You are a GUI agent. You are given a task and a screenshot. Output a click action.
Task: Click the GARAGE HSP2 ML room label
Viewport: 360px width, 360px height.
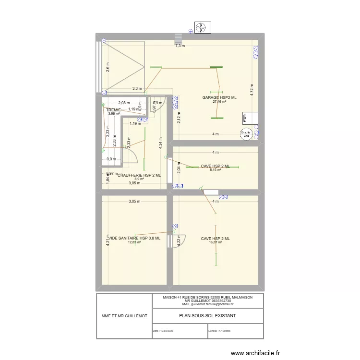(219, 97)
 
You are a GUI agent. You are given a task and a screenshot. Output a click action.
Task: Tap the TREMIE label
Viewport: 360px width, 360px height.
(114, 110)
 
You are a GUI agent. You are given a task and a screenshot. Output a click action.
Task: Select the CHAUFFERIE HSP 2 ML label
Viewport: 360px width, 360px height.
(139, 175)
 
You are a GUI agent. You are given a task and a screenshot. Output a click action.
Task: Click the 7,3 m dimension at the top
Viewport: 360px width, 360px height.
(180, 46)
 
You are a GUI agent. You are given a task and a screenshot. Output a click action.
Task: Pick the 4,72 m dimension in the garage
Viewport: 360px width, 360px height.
(252, 90)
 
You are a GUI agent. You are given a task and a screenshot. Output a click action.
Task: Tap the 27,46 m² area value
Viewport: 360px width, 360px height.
(219, 102)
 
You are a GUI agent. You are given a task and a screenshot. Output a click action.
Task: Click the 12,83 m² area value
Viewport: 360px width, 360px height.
(134, 243)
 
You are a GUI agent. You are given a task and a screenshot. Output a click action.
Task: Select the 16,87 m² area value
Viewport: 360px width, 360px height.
(216, 243)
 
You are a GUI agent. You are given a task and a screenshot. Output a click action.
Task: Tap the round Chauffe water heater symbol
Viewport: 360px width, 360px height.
(247, 134)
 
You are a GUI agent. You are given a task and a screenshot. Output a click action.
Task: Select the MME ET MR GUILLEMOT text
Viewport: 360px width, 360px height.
(124, 315)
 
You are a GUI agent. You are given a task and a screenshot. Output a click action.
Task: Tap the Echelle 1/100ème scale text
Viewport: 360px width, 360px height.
(219, 331)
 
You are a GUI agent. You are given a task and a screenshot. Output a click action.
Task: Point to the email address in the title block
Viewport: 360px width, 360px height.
(208, 304)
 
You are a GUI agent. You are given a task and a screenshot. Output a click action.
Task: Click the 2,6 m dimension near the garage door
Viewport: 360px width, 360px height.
(108, 68)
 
